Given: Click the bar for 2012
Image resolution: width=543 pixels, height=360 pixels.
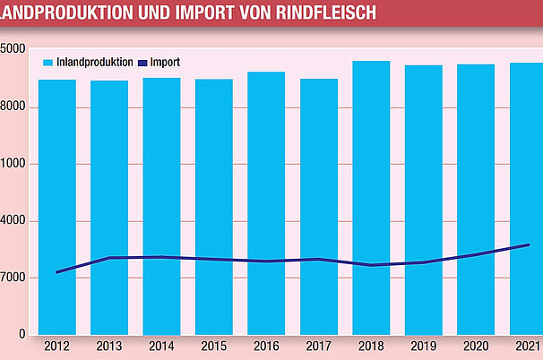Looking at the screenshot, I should click(x=56, y=206).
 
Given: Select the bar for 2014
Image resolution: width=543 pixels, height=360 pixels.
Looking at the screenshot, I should click(x=161, y=206).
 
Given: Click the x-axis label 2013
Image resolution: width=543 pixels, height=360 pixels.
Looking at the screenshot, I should click(x=109, y=347).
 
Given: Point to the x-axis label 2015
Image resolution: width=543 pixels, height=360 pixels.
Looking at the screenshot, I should click(x=213, y=347).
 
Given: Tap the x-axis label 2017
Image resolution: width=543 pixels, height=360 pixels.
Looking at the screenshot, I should click(x=318, y=347).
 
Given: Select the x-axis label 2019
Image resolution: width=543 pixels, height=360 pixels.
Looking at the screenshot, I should click(x=423, y=347).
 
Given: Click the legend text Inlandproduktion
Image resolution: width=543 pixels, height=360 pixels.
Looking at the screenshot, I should click(x=95, y=63).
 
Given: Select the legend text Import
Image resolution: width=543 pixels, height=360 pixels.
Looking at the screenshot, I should click(x=165, y=63).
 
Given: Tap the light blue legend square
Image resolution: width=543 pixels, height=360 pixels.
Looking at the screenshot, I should click(x=49, y=63).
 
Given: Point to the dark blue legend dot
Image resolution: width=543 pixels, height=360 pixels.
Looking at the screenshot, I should click(x=142, y=63).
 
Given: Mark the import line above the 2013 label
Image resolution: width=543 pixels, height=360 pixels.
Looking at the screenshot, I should click(x=109, y=258).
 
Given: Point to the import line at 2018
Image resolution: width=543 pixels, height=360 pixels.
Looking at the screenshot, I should click(x=371, y=265).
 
